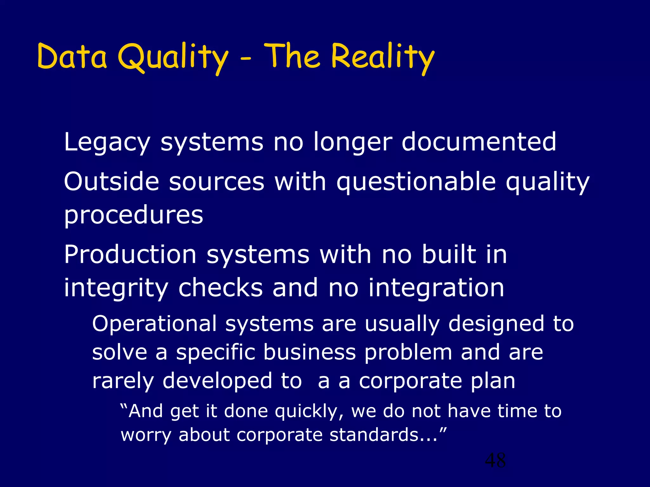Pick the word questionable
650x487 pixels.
click(x=416, y=182)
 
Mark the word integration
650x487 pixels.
click(x=436, y=288)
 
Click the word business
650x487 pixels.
click(x=309, y=352)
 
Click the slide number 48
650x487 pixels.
click(x=495, y=460)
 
